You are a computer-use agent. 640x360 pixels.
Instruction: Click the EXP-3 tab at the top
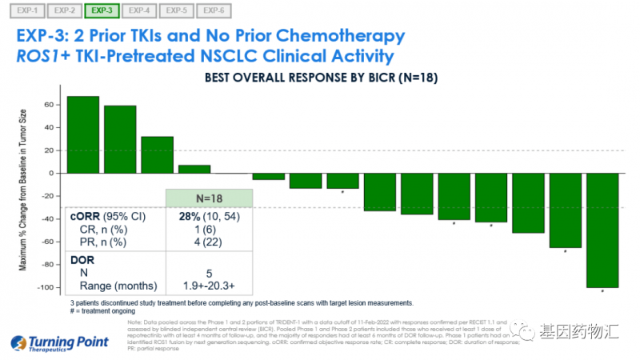102,11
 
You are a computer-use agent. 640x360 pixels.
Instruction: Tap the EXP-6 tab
213,11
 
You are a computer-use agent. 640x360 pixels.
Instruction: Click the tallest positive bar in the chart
82,134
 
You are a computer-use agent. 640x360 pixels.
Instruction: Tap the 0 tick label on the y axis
51,173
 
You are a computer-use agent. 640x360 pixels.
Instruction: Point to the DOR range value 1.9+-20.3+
208,286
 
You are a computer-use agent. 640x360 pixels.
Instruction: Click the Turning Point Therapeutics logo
60,342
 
